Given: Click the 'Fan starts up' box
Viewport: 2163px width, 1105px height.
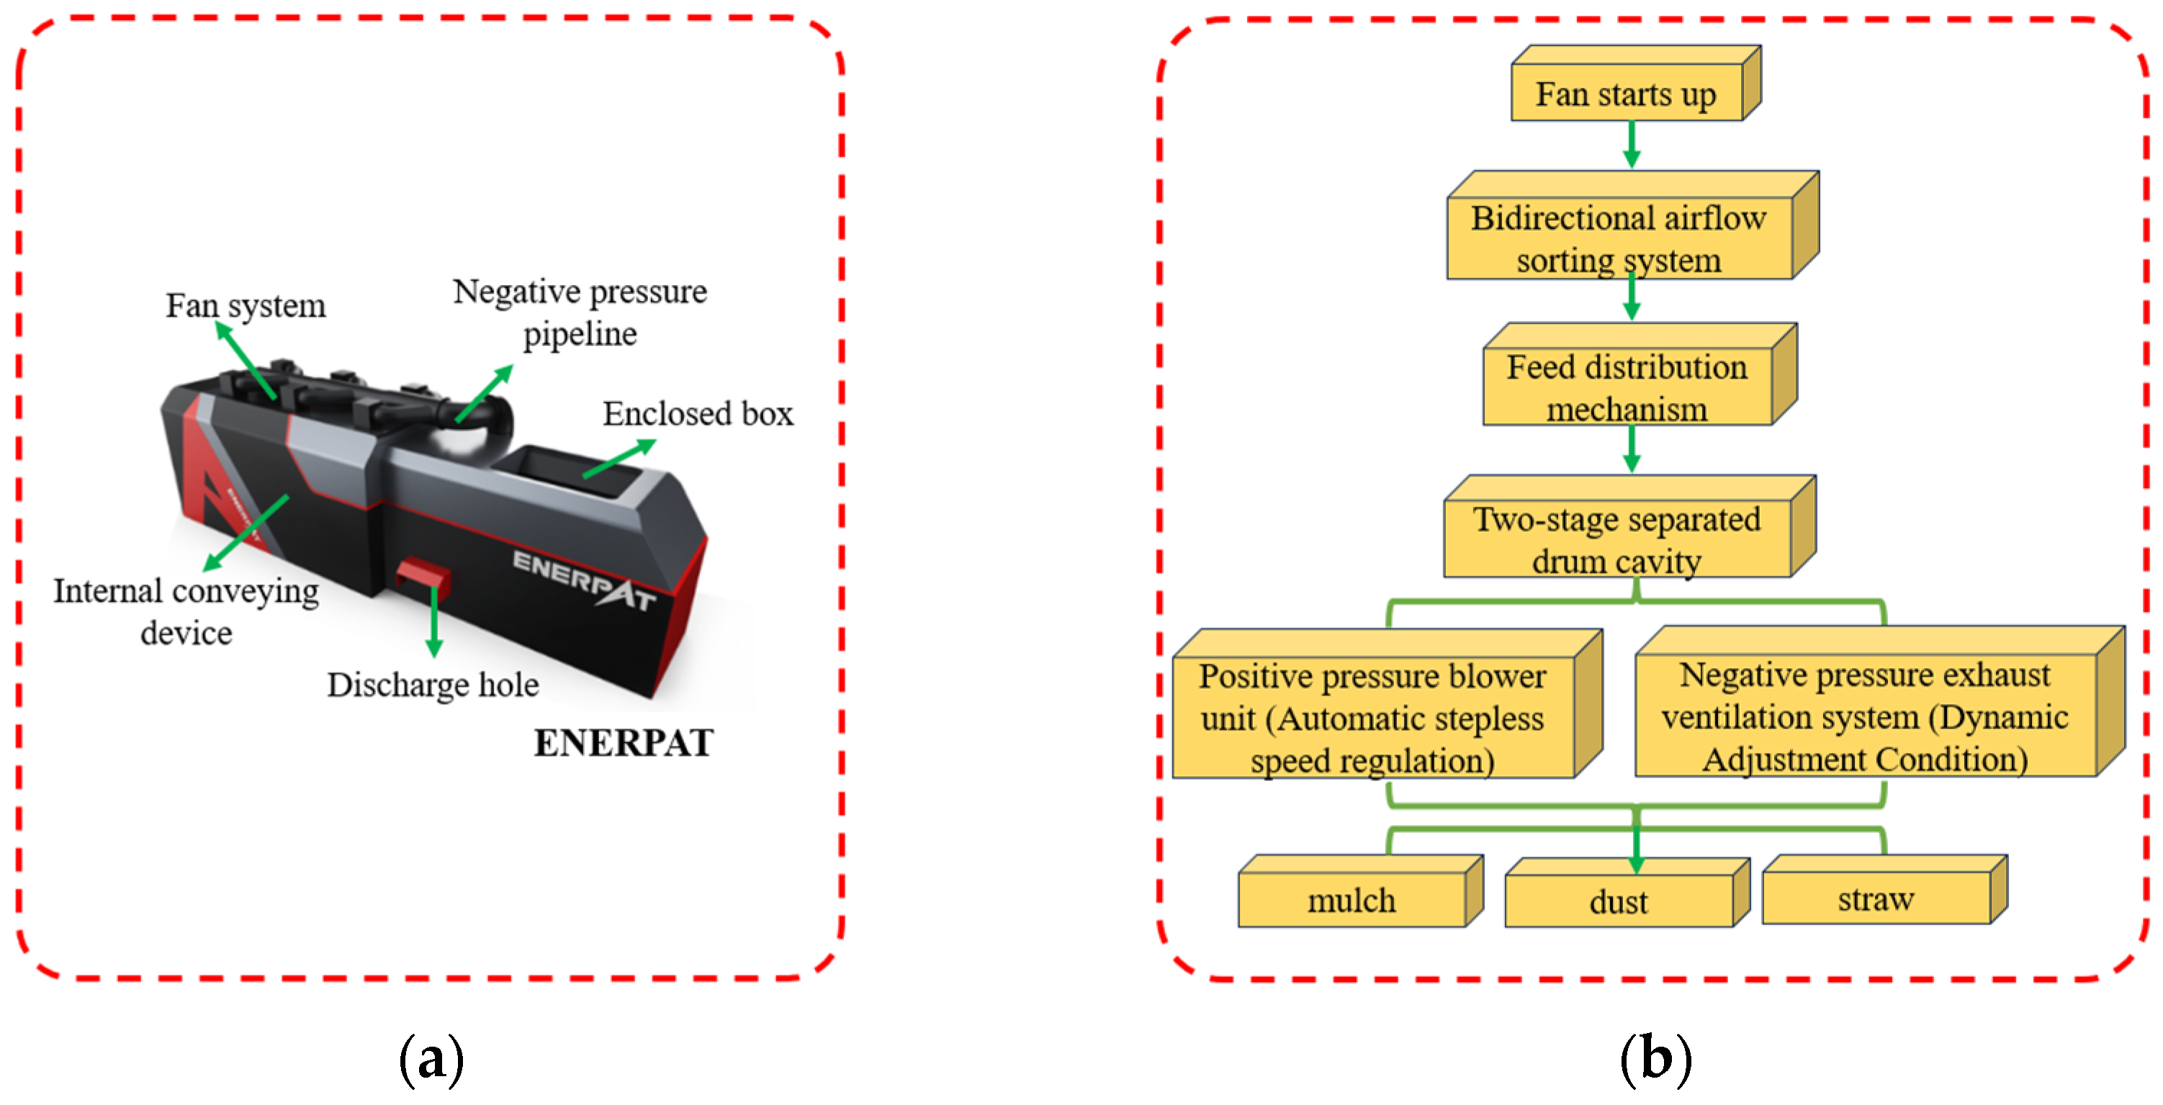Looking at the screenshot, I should [x=1626, y=94].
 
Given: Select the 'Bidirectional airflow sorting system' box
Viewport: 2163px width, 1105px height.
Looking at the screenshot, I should [x=1619, y=238].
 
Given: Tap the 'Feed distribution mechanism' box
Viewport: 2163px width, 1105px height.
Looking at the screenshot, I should [x=1627, y=387].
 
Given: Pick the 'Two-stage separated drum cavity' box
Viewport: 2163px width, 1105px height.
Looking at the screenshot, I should [x=1617, y=540].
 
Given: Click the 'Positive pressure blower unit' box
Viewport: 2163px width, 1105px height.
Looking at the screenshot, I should [x=1373, y=718].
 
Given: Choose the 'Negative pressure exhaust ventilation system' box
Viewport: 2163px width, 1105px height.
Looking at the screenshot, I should [x=1865, y=716].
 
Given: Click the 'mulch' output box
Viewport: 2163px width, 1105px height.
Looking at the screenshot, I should [x=1352, y=900].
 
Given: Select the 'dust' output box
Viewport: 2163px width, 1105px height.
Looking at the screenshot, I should [x=1618, y=902].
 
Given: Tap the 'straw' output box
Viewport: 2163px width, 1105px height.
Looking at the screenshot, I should [x=1876, y=899].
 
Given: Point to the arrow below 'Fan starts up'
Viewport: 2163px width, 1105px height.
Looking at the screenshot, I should [x=1632, y=145].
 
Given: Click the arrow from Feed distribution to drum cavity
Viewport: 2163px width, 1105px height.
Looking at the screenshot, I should [x=1632, y=449].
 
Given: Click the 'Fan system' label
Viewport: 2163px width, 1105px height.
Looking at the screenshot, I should [x=246, y=306].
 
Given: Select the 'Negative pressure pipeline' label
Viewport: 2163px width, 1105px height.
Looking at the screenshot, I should [x=580, y=312].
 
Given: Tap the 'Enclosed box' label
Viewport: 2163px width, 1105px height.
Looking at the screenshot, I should [x=698, y=414].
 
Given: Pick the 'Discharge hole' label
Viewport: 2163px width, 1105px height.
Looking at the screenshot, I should [x=433, y=685].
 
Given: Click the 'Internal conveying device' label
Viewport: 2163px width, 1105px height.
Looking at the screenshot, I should [x=186, y=611].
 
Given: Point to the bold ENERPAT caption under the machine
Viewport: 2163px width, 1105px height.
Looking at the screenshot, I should [x=624, y=743].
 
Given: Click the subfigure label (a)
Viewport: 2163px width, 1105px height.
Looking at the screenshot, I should [x=431, y=1060].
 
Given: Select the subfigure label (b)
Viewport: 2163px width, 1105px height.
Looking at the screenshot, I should [x=1655, y=1060].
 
